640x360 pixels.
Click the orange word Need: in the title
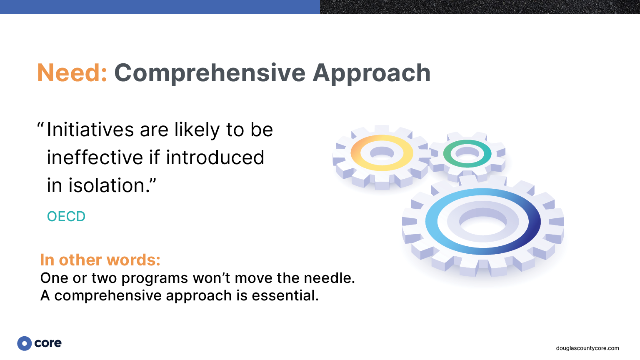tap(72, 73)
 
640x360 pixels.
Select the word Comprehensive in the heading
tap(210, 73)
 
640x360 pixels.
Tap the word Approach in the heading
tap(371, 73)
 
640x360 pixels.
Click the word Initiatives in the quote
tap(90, 130)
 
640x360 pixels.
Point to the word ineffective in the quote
tap(95, 157)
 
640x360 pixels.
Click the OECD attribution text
tap(66, 216)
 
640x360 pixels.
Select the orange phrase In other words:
tap(100, 260)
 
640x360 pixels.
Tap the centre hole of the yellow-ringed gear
tap(382, 154)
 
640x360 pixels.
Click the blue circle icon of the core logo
tap(25, 343)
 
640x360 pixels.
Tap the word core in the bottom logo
tap(48, 343)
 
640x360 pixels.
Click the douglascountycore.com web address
tap(587, 348)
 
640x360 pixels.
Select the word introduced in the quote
tap(215, 157)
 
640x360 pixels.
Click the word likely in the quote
tap(197, 130)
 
